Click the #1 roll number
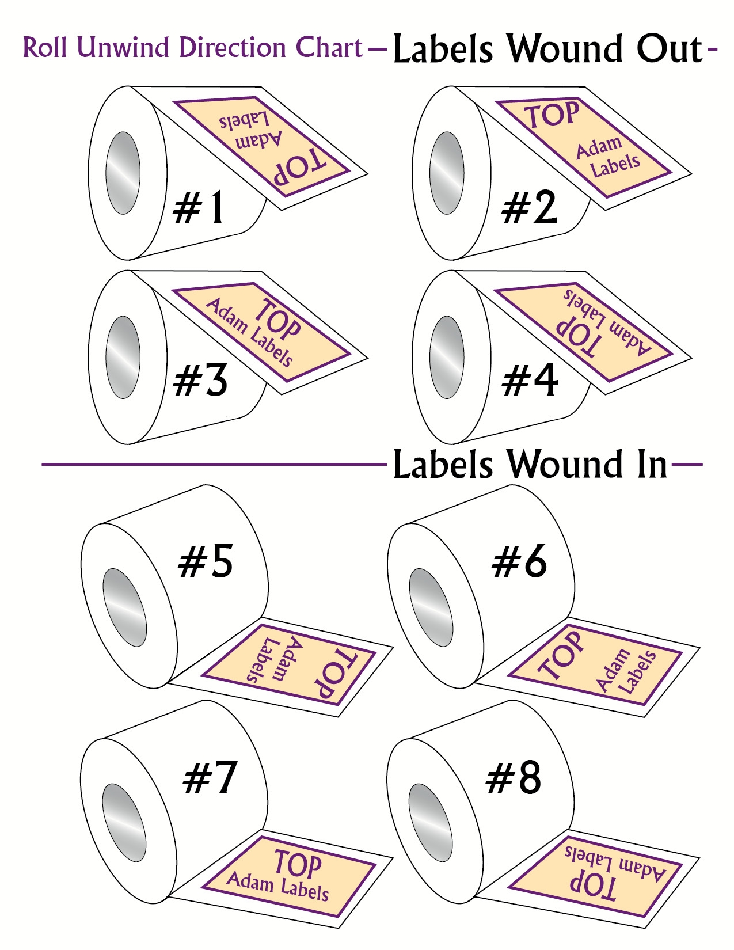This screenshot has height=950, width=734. point(199,208)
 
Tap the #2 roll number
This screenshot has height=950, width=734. point(529,208)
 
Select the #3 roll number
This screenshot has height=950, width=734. point(201,381)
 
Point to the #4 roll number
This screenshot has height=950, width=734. point(529,381)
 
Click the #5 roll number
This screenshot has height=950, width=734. point(206,562)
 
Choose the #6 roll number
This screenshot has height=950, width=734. point(519,562)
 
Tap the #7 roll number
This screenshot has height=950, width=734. point(210,778)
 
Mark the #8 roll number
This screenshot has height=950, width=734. point(514,778)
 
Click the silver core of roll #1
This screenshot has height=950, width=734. point(123,173)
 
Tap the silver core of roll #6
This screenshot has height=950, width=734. point(431,607)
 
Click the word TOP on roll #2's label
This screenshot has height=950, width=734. point(552,115)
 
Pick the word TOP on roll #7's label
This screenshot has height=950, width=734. point(298,864)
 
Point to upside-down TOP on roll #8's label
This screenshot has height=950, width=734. point(593,886)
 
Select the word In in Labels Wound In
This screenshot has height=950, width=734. point(652,465)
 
